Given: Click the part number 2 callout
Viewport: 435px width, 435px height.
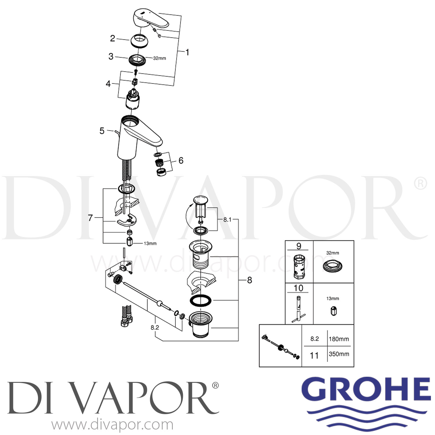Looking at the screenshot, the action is tap(113, 38).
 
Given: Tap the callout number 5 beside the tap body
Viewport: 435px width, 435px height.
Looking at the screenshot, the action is tap(102, 131).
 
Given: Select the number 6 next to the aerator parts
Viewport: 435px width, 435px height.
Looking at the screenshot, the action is tap(181, 160).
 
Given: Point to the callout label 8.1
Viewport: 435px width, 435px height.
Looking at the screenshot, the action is tap(227, 220).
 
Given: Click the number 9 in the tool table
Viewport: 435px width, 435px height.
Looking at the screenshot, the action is tap(299, 246).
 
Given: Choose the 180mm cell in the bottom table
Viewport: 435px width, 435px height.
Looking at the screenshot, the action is tap(339, 339).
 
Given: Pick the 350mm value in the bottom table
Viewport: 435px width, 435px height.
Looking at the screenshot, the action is tap(339, 354).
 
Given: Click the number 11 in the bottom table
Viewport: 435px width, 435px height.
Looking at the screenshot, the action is tap(314, 356).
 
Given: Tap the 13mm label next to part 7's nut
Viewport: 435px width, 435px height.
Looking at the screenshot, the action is tap(150, 243).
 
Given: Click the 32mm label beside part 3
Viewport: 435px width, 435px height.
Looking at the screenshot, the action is tap(159, 58).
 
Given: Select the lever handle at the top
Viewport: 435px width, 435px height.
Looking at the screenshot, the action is tap(151, 19).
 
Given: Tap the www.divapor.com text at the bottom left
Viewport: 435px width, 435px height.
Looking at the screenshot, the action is tap(113, 425).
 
